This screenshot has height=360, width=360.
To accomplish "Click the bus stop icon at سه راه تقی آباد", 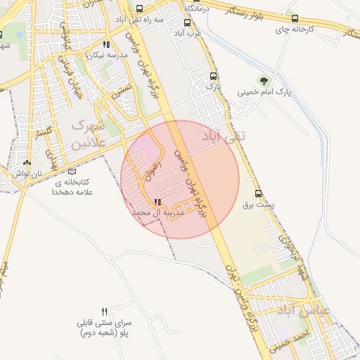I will tap(140, 9).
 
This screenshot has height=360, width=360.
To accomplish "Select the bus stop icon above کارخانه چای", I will tap(294, 19).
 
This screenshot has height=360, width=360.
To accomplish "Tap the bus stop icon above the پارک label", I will tap(213, 76).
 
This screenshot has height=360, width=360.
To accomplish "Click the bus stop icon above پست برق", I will tap(258, 193).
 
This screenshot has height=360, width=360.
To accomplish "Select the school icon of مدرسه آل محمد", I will tap(157, 202).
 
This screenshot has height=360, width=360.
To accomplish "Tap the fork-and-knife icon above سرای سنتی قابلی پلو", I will tap(105, 311).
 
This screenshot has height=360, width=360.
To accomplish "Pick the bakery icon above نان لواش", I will tap(27, 162).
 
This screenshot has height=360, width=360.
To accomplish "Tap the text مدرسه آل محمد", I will tap(160, 212).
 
